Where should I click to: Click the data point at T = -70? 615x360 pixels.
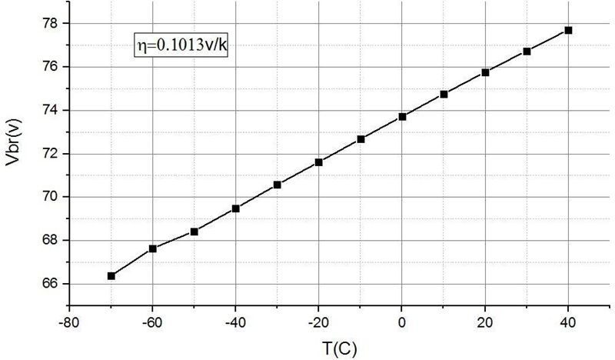click(x=111, y=275)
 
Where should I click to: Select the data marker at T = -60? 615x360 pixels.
click(x=153, y=248)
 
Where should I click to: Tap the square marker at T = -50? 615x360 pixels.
click(x=194, y=232)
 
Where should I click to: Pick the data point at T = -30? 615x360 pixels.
click(x=278, y=185)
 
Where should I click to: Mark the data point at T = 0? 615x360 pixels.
click(x=402, y=116)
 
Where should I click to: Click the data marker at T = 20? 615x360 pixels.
click(x=485, y=72)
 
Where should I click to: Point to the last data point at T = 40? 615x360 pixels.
click(x=568, y=30)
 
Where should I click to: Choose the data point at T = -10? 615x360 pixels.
click(x=361, y=139)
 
